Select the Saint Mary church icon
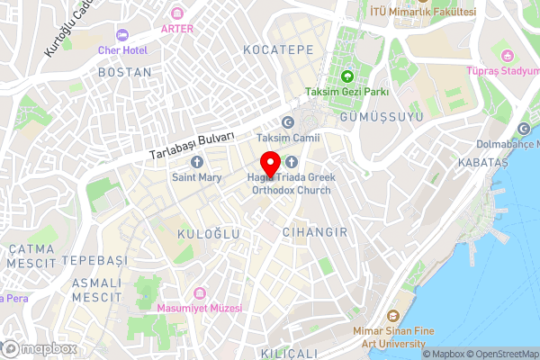coord(197,162)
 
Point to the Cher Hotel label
coord(122,50)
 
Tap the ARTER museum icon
coord(177,13)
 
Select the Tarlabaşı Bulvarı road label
coord(193,143)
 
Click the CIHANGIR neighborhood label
coord(314,232)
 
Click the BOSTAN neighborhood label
coord(124,72)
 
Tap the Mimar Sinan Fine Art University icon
coord(392,317)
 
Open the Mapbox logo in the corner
coord(39,348)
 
